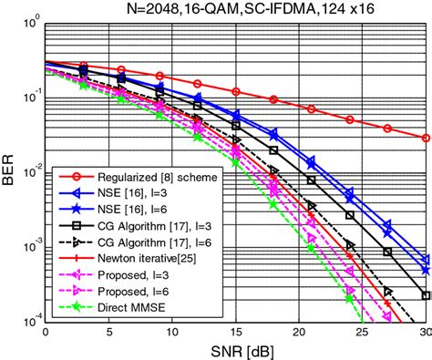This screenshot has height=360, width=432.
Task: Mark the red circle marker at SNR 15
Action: point(237,92)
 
